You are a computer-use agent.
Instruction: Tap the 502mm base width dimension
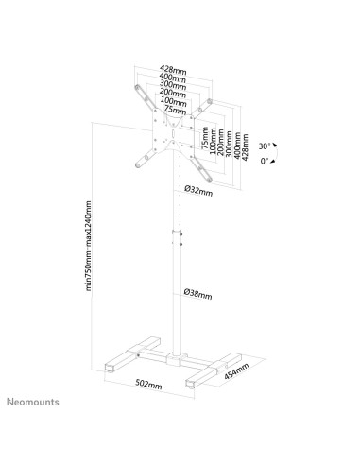[x=148, y=386]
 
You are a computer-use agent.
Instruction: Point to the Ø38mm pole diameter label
[x=198, y=294]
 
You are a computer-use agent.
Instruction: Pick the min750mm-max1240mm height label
[x=89, y=246]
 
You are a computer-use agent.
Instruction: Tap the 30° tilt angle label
[x=266, y=146]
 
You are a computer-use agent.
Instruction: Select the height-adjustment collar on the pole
[x=175, y=232]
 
